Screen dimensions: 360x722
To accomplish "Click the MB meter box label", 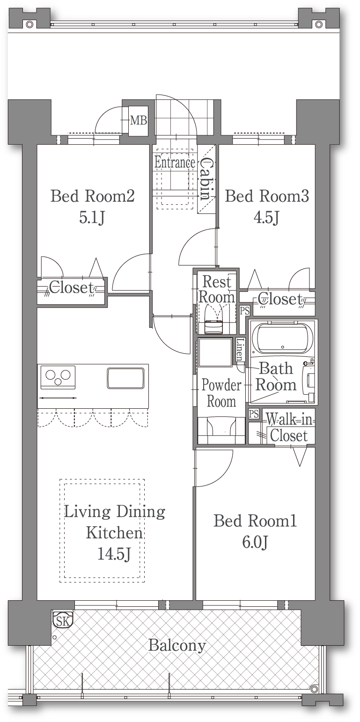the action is click(139, 120).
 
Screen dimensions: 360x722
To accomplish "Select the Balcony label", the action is click(177, 646).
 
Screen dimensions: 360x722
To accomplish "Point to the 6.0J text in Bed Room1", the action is click(255, 543).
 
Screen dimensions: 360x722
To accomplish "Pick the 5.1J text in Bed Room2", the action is click(92, 218).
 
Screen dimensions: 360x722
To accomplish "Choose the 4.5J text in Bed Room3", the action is click(266, 218).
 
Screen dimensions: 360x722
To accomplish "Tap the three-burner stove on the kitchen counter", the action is click(58, 377).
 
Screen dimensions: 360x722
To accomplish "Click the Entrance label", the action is click(175, 162).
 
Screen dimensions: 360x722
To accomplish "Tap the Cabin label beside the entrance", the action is click(206, 179).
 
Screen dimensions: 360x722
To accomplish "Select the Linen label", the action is click(240, 349).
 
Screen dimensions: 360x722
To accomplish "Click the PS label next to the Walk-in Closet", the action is click(254, 413).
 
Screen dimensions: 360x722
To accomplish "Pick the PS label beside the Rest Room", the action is click(245, 311).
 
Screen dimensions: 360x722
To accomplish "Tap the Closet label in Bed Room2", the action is click(71, 287).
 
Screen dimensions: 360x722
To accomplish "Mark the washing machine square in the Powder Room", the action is click(215, 352).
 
